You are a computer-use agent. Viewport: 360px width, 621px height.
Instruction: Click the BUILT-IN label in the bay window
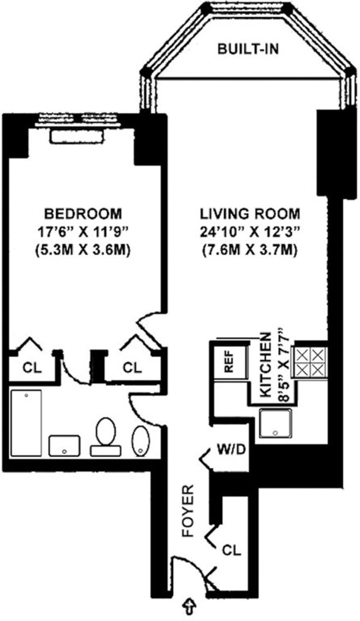coord(248,49)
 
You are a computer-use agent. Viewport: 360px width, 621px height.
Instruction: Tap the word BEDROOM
coord(83,214)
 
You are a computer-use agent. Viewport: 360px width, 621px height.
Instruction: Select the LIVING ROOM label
coord(250,214)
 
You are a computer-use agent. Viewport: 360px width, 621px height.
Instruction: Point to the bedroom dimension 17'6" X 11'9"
coord(83,232)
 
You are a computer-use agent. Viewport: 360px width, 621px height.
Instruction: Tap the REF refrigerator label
coord(229,361)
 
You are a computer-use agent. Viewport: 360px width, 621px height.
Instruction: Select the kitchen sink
coord(275,423)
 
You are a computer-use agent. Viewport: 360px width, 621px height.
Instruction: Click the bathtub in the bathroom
coord(27,423)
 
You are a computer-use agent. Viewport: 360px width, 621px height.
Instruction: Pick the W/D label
coord(231,450)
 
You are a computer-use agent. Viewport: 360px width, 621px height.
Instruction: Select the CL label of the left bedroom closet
coord(32,368)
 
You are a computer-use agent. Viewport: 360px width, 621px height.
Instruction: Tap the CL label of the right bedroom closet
coord(132,368)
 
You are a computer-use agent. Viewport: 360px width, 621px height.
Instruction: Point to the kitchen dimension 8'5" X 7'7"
coord(284,368)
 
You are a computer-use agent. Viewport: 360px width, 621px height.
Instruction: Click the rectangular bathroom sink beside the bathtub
coord(64,445)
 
